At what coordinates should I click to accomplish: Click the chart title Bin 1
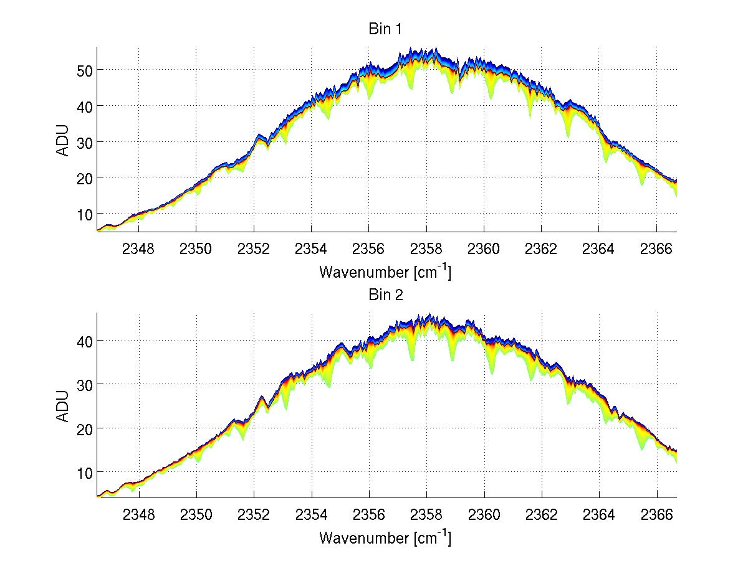coord(386,29)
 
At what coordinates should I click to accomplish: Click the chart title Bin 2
coord(386,295)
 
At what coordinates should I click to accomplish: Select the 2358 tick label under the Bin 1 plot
coord(426,249)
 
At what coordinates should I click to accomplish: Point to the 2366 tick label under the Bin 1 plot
coord(657,249)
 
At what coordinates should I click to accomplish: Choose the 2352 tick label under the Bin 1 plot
coord(254,249)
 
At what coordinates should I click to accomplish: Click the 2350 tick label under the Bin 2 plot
coord(196,516)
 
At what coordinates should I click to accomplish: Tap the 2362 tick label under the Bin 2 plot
coord(542,516)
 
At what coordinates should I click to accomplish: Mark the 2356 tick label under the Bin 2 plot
coord(369,516)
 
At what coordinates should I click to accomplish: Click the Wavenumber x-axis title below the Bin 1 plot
coord(385,271)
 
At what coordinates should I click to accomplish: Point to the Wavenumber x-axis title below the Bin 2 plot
coord(385,537)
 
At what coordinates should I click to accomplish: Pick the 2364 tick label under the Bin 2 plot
coord(599,516)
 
